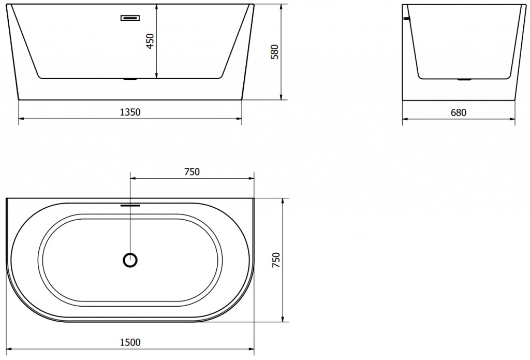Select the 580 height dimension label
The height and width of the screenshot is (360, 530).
pyautogui.click(x=275, y=52)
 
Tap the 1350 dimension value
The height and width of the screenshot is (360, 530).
pyautogui.click(x=130, y=112)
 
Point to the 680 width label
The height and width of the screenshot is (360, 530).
pyautogui.click(x=459, y=112)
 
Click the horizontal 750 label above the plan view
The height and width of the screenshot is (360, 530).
pyautogui.click(x=192, y=172)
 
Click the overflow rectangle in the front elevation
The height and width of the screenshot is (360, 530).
pyautogui.click(x=130, y=18)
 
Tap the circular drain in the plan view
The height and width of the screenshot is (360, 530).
pyautogui.click(x=130, y=260)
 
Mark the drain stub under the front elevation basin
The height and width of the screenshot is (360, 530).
pyautogui.click(x=129, y=80)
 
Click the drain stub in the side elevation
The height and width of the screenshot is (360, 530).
pyautogui.click(x=463, y=80)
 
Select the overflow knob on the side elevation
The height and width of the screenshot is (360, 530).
pyautogui.click(x=406, y=19)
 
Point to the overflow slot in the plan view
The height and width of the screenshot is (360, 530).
pyautogui.click(x=130, y=205)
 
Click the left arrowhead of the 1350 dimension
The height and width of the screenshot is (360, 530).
pyautogui.click(x=21, y=119)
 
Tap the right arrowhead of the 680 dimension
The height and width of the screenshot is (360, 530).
pyautogui.click(x=513, y=119)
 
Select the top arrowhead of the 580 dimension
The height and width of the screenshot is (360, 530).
pyautogui.click(x=281, y=7)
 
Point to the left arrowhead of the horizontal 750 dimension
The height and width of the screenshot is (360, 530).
pyautogui.click(x=132, y=179)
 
